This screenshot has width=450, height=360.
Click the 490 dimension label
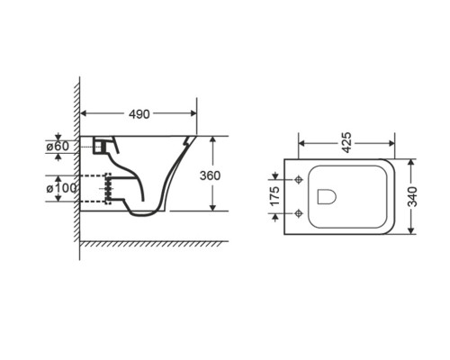(x=139, y=113)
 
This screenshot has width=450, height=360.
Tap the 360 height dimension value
(x=210, y=175)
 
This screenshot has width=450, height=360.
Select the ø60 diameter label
(x=58, y=147)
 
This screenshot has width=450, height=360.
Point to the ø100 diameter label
(x=61, y=188)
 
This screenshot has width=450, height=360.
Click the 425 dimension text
(x=346, y=142)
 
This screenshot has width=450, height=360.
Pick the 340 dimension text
(x=413, y=196)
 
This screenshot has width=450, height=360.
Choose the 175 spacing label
(x=274, y=196)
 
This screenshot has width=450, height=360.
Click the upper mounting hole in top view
(x=298, y=179)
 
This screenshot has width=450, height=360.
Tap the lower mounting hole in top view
(x=298, y=213)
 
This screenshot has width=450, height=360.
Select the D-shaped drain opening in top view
(x=327, y=196)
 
